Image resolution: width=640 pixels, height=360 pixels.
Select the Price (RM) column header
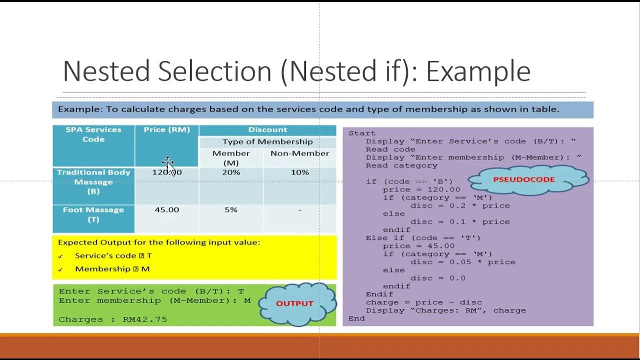coord(166,129)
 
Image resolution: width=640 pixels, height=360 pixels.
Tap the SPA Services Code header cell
coord(93,134)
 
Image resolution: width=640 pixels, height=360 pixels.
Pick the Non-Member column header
coord(299,153)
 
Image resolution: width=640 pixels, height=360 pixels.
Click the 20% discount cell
coord(231,172)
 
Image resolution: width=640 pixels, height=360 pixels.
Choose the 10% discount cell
coord(299,172)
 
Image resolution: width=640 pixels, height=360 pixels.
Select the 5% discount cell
coord(231,210)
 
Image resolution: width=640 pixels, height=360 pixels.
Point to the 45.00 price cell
coord(166,210)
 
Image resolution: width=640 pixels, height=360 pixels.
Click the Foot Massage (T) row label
coord(93,214)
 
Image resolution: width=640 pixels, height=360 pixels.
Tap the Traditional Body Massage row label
coord(93,181)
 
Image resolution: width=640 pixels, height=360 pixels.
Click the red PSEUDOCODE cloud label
coord(523,179)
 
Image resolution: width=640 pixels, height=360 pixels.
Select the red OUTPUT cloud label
coord(294,303)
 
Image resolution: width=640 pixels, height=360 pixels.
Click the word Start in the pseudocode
coord(362,133)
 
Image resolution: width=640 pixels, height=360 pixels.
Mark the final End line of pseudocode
coord(356,318)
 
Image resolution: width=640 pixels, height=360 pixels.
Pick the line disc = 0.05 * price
coord(462,262)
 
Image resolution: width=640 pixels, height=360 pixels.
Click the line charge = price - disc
coord(423,302)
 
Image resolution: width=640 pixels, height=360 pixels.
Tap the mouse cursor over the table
coord(168,165)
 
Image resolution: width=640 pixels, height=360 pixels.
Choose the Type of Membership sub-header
coord(267,142)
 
